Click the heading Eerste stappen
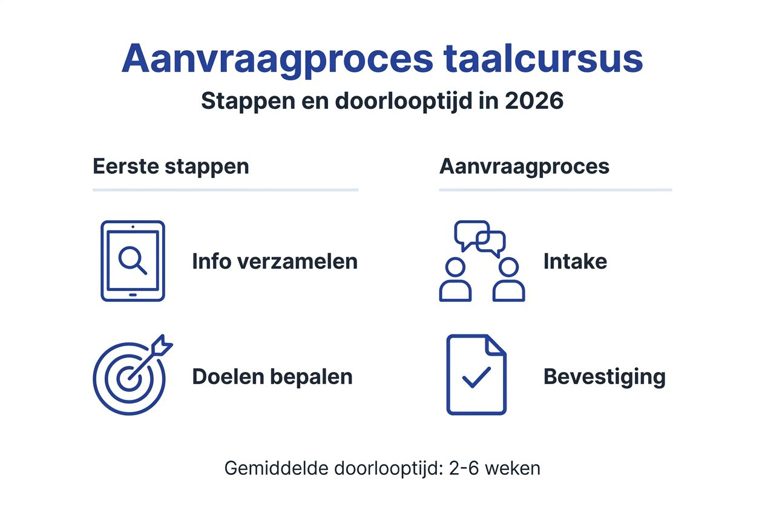click(171, 166)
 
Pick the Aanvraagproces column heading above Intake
click(524, 166)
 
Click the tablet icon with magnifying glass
click(133, 261)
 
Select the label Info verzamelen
click(275, 261)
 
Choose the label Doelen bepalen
click(272, 377)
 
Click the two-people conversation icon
click(482, 261)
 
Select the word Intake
click(575, 261)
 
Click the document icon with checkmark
click(476, 375)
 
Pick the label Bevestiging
click(604, 377)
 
